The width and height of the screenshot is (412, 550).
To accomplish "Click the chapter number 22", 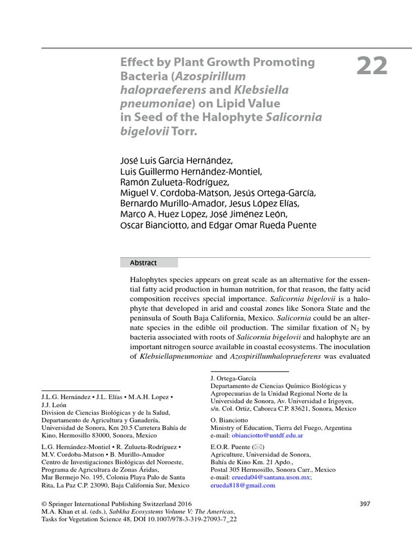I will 372,67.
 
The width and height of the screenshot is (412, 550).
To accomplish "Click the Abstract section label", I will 143,263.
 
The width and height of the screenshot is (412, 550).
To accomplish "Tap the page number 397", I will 364,503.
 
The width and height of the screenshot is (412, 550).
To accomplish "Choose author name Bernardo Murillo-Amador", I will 163,204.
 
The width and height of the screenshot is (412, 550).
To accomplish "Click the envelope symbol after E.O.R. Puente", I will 259,447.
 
